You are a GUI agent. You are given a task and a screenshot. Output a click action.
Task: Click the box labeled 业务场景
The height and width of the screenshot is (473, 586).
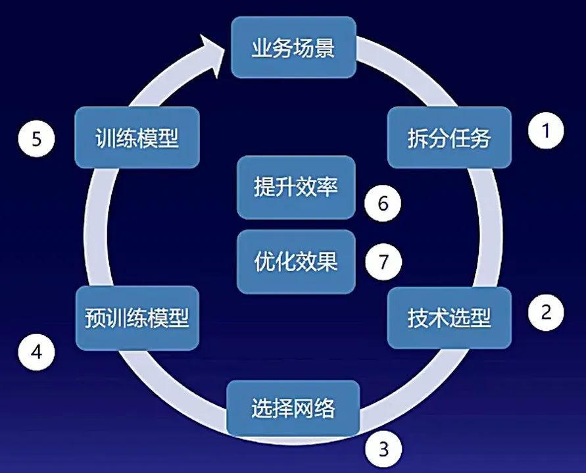pos(293,47)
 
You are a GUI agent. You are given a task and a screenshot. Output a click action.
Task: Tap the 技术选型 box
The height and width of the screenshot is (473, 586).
pos(449,318)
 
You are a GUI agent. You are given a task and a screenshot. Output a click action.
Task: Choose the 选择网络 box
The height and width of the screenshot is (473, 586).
pos(293,409)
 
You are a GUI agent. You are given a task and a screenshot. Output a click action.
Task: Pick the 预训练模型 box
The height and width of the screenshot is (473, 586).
pos(137,318)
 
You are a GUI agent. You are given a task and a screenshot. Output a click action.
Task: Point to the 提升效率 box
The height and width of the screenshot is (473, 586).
pos(295,187)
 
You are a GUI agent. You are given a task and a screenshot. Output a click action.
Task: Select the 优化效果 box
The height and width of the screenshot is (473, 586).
pos(295,262)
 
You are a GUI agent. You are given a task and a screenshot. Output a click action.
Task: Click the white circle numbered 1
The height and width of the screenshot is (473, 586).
pos(546,132)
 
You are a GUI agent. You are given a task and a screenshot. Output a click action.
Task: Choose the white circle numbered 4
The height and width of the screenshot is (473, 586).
pos(37,353)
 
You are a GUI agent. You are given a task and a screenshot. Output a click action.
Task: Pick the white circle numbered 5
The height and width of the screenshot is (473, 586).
pos(37,139)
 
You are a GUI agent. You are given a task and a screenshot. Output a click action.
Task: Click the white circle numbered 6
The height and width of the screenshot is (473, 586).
pos(383,204)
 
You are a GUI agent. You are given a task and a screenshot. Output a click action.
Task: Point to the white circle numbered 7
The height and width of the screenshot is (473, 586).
pos(383,262)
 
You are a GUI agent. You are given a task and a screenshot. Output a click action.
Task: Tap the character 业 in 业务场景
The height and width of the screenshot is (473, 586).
pos(262,48)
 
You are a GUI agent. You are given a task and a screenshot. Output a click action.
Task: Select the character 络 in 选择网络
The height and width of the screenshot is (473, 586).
pos(325,409)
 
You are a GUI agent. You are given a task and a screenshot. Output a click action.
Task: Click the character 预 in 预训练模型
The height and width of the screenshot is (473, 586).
pos(95,318)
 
